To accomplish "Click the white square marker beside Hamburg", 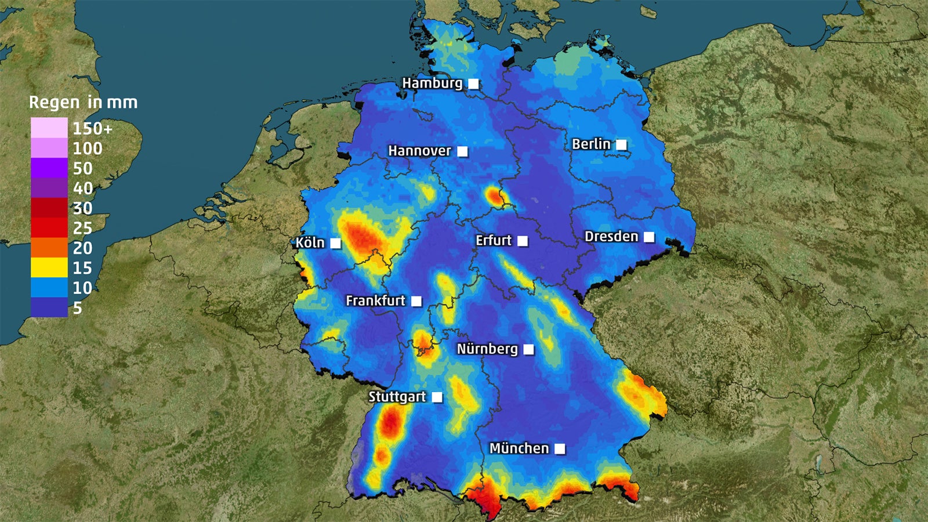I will pyautogui.click(x=474, y=84).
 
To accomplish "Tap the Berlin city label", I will pyautogui.click(x=591, y=144).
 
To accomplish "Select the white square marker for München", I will pyautogui.click(x=560, y=449).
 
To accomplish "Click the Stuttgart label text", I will pyautogui.click(x=397, y=397).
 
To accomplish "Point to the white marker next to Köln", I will pyautogui.click(x=335, y=243).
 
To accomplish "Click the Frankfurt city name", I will pyautogui.click(x=375, y=300).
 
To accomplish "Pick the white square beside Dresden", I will pyautogui.click(x=649, y=237).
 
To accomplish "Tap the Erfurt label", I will pyautogui.click(x=494, y=240).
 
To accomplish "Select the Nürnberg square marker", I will pyautogui.click(x=528, y=349).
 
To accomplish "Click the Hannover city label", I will pyautogui.click(x=419, y=151).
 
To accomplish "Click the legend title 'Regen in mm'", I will pyautogui.click(x=84, y=103).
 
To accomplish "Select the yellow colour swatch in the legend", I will pyautogui.click(x=49, y=267).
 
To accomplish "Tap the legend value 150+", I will pyautogui.click(x=92, y=128).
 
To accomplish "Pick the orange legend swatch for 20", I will pyautogui.click(x=49, y=248).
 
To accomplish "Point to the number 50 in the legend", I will pyautogui.click(x=82, y=168).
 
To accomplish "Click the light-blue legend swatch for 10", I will pyautogui.click(x=49, y=288).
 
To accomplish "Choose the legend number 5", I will pyautogui.click(x=78, y=308).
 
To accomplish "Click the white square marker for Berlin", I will pyautogui.click(x=621, y=144).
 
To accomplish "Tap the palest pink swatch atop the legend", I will pyautogui.click(x=49, y=128).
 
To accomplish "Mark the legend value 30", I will pyautogui.click(x=82, y=208).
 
